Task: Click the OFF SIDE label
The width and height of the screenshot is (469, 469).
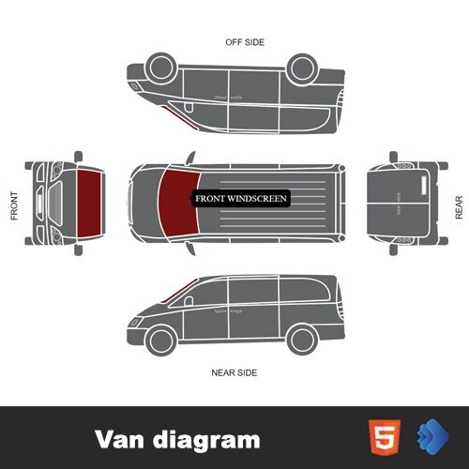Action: pos(245,42)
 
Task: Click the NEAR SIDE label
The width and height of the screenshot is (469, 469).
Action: pos(234,372)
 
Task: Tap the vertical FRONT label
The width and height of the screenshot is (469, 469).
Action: pos(14,205)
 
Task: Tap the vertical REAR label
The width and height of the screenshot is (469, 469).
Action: pos(459,207)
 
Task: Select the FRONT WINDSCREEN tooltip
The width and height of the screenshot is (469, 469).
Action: pos(241,199)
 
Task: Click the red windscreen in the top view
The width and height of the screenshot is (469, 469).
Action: pos(179,203)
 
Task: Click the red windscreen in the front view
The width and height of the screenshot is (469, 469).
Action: pos(90,204)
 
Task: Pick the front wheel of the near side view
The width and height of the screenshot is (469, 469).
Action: pos(161,340)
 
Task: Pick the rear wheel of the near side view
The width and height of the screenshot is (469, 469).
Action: pos(302,340)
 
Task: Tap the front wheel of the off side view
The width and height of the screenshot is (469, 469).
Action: pos(161,68)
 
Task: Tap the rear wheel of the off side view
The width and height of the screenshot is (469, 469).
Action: pos(302,68)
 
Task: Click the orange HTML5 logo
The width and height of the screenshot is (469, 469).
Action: pos(385,437)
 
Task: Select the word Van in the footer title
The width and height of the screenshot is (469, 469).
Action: pos(120,439)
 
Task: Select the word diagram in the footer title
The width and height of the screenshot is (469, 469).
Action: pos(206,440)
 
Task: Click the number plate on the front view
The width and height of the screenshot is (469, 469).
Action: pos(39,204)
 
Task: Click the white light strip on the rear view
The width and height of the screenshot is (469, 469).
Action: pos(424,186)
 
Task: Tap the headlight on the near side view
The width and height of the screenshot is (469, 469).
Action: pos(135,322)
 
